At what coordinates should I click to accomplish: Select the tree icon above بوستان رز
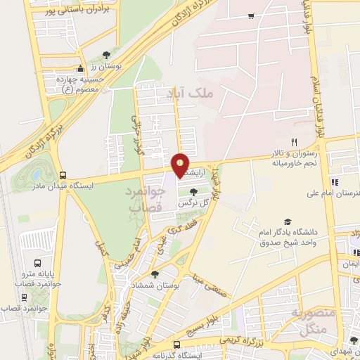coord(106,54)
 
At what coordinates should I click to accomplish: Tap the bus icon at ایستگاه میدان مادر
coord(63,175)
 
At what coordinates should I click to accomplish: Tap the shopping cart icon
coord(251,15)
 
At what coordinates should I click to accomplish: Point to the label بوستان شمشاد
coord(155,285)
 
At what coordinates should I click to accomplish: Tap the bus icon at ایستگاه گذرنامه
coord(176,345)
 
